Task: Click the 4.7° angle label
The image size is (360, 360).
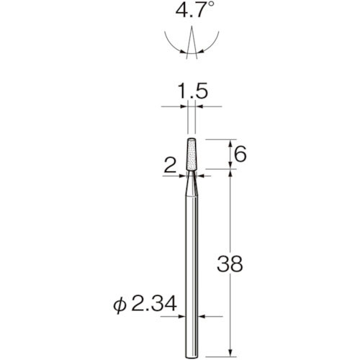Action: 194,12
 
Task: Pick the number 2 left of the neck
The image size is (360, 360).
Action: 169,166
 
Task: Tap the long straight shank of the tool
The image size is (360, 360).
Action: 194,274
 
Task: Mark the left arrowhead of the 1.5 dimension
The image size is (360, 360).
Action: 186,107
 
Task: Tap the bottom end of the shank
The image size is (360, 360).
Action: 194,352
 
